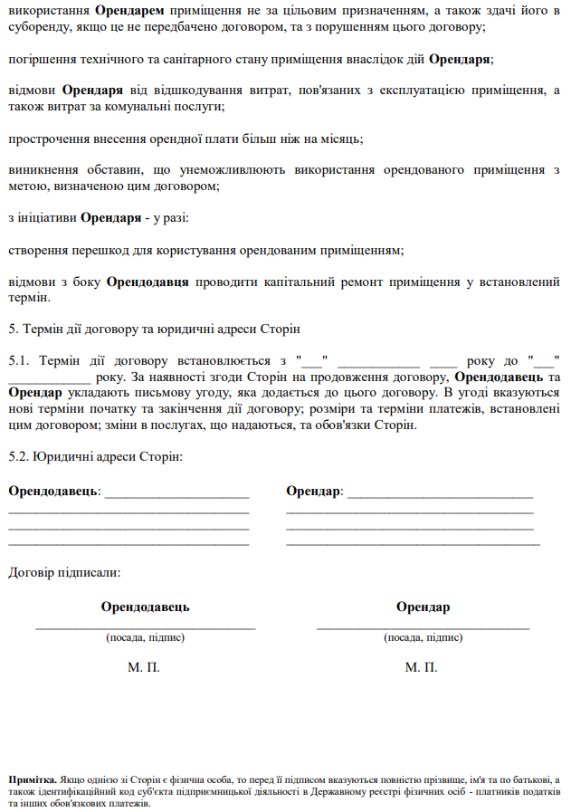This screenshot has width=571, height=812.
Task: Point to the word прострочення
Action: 45,139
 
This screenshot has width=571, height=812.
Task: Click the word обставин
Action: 109,170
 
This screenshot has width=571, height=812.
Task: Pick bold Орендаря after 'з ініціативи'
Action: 110,218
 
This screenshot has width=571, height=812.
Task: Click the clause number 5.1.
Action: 18,360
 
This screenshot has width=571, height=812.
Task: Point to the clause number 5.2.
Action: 18,457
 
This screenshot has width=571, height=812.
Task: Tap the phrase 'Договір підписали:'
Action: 63,572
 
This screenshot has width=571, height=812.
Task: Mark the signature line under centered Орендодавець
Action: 146,626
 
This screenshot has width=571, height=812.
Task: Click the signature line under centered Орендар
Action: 423,626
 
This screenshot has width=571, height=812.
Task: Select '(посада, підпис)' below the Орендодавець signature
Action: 146,637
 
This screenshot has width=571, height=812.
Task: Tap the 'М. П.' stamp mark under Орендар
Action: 422,667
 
